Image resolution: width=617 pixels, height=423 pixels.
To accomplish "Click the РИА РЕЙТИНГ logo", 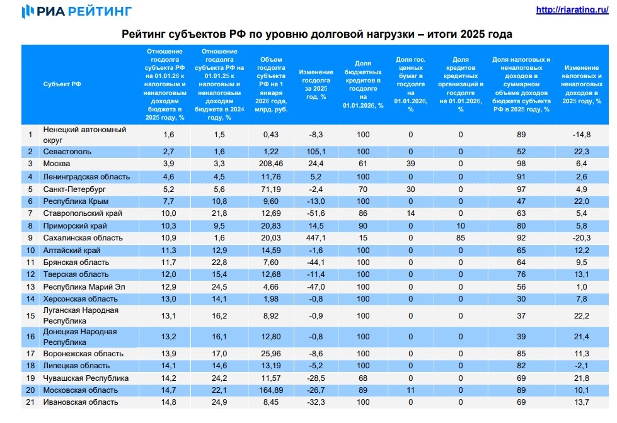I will [76, 11].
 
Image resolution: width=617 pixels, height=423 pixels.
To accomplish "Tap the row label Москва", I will [57, 164].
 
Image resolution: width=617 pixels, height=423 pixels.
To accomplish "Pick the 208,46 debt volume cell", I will [270, 164].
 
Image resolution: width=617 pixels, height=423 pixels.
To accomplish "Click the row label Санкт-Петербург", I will [74, 189].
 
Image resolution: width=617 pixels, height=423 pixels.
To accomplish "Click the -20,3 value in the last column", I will [582, 239].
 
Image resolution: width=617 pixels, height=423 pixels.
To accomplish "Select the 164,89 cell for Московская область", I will [270, 390].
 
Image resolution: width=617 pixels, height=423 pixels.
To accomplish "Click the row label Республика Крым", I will [76, 201].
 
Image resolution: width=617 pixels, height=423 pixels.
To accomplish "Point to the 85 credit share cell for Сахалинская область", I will [461, 239].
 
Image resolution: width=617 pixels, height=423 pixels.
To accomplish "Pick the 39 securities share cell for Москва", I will [410, 164].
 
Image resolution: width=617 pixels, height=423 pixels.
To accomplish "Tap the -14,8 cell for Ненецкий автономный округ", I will [582, 134].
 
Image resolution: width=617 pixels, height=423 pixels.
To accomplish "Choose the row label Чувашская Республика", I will [86, 378].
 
